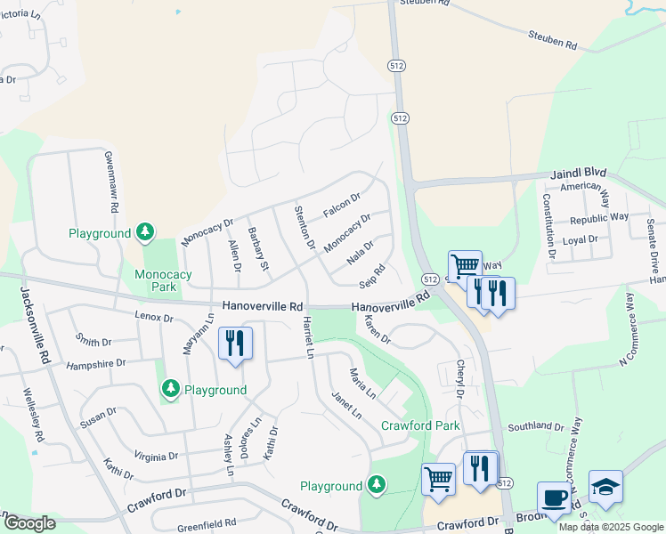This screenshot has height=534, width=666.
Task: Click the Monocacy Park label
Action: [163, 281]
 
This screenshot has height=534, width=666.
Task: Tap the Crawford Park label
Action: [420, 425]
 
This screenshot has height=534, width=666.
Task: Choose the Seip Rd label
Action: [372, 276]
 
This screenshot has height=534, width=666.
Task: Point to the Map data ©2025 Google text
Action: [611, 527]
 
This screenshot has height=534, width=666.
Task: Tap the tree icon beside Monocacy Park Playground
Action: [145, 233]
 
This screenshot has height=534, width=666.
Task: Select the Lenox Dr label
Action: [153, 316]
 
